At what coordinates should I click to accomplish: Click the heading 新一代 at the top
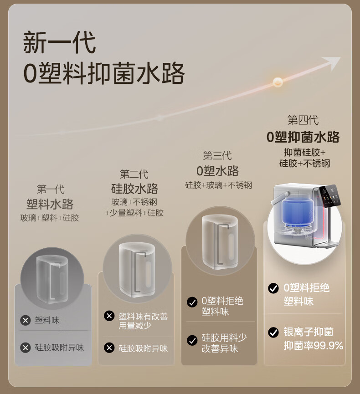pos(59,42)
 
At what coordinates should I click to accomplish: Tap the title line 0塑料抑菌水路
pos(104,73)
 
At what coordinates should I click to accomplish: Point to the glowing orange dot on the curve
pos(278,82)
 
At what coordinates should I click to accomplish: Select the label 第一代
pos(51,189)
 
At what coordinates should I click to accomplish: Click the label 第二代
pos(134,174)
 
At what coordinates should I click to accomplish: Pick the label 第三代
pos(217,155)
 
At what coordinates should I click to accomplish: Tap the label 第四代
pos(303,120)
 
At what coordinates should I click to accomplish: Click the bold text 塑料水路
pos(50,204)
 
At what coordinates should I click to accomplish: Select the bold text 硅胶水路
pos(134,189)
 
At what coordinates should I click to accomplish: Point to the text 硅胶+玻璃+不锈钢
pos(218,185)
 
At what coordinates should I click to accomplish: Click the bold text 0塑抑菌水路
pos(303,137)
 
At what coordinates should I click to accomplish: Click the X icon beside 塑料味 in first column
pos(26,320)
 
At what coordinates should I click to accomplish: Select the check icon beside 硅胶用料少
pos(192,340)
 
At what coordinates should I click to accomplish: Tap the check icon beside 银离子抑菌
pos(273,332)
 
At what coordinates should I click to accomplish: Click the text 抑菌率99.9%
pos(314,346)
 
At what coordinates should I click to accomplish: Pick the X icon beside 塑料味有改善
pos(109,316)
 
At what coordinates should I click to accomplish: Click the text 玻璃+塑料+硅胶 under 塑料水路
pos(50,218)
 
